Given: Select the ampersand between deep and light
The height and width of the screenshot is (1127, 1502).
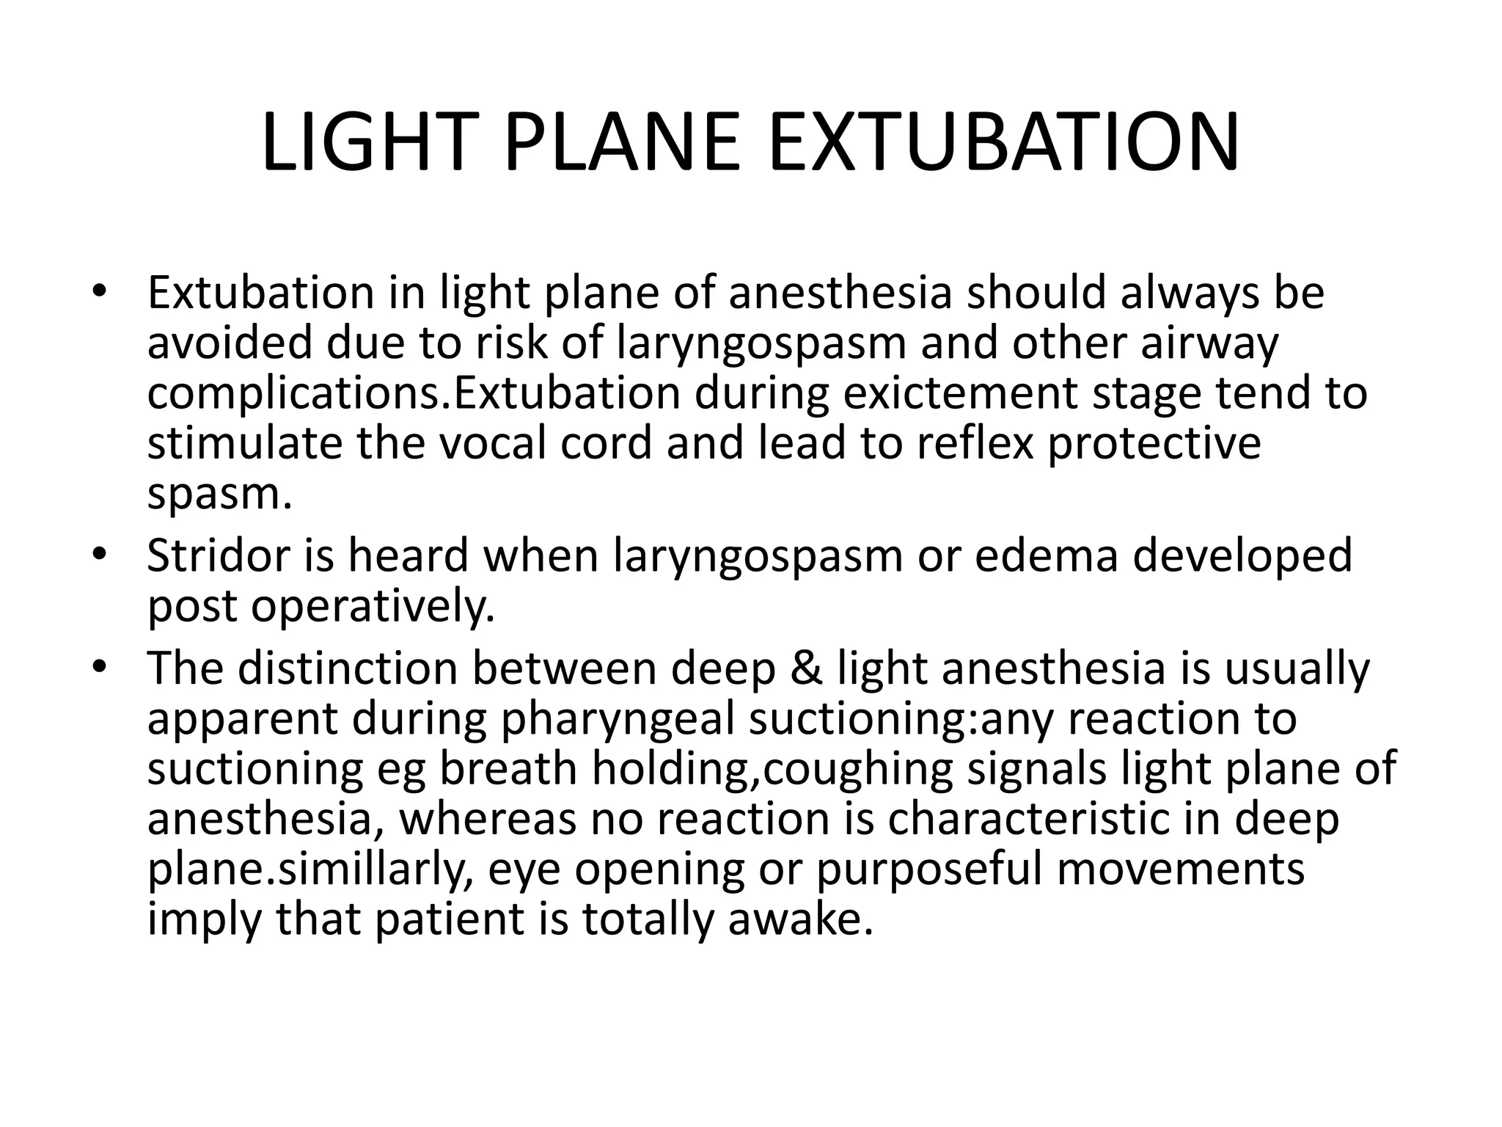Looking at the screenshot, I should click(x=807, y=668).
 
